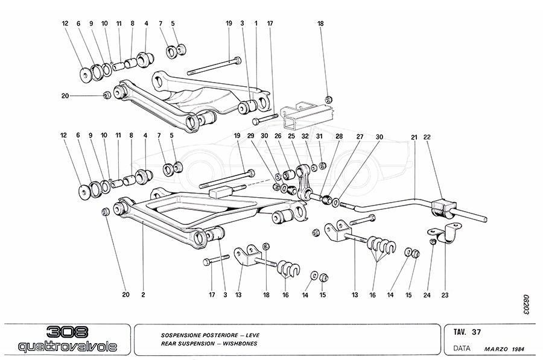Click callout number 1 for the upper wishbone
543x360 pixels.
click(x=256, y=24)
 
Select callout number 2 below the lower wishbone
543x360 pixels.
click(x=143, y=295)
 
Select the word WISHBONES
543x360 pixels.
click(x=245, y=343)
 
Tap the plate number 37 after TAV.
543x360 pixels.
click(x=477, y=331)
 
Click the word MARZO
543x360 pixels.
click(x=496, y=349)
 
